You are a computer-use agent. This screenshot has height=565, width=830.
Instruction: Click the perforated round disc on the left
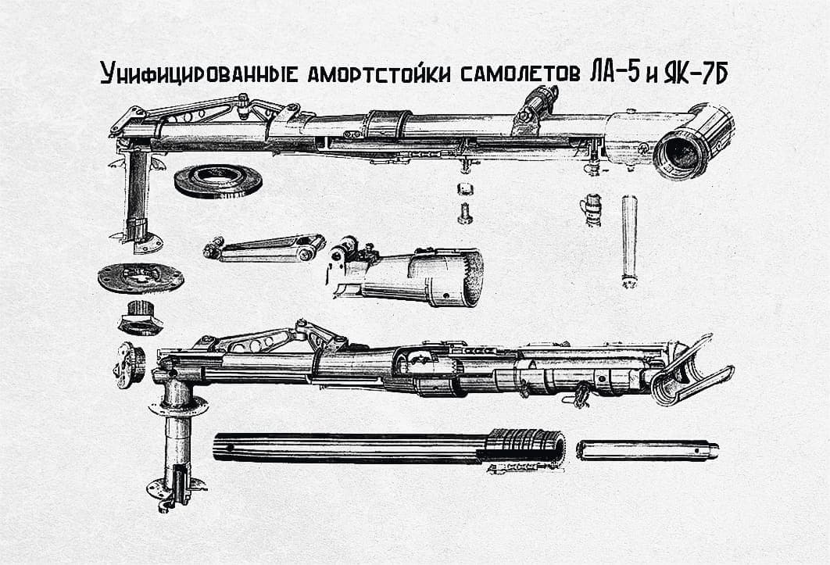(141, 277)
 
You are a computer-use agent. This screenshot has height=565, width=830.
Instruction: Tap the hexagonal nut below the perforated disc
(140, 317)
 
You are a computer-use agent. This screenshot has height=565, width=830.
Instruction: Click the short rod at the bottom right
(647, 450)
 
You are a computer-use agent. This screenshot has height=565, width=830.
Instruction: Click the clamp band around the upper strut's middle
(390, 125)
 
